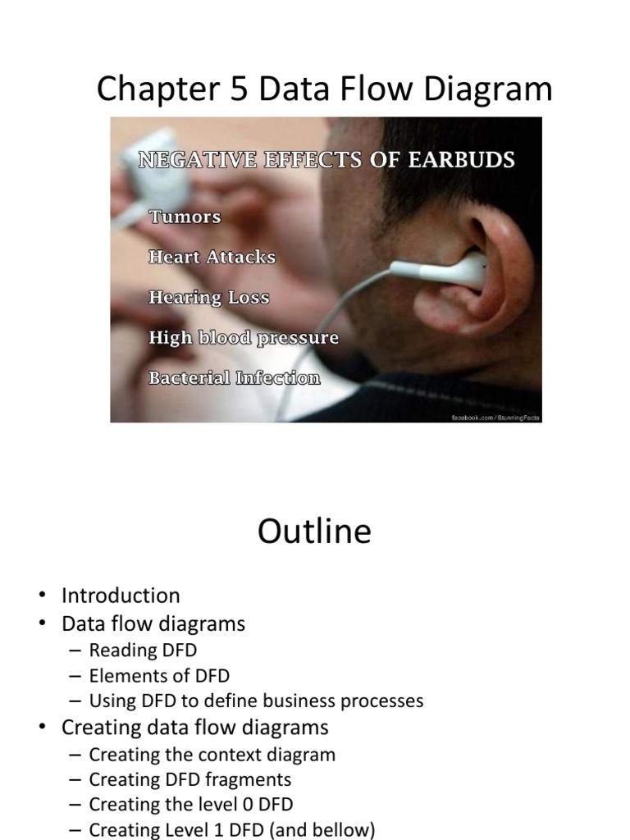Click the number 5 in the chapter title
[x=240, y=89]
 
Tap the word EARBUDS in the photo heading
[x=461, y=160]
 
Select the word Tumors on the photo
[x=185, y=217]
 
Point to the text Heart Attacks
[x=212, y=257]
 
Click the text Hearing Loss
[x=209, y=297]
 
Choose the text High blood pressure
[x=244, y=337]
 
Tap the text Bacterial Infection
[x=234, y=377]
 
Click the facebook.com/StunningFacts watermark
[x=496, y=418]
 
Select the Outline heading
[x=314, y=531]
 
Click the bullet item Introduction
[x=121, y=596]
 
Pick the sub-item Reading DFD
[x=143, y=650]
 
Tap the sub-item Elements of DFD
[x=159, y=676]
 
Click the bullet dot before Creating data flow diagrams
[x=42, y=728]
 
